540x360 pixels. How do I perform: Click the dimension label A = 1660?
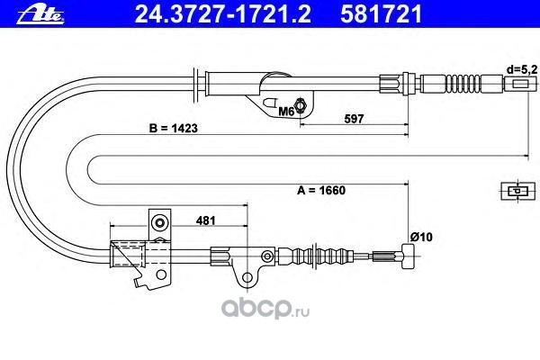coord(320,190)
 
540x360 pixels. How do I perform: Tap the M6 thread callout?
coord(285,111)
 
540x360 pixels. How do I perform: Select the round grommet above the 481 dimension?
coord(159,222)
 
